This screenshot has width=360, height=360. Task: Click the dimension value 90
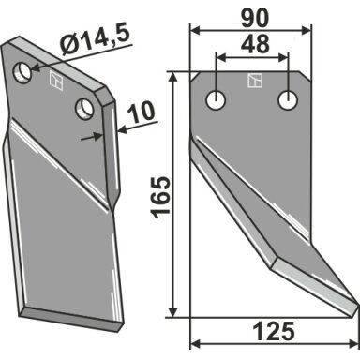point(255,19)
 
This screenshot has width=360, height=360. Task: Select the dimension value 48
point(255,44)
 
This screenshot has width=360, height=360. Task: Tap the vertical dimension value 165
point(160,197)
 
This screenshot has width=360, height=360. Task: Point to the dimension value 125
point(274,331)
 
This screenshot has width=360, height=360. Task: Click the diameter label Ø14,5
point(96,41)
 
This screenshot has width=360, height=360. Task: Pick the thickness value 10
point(142,112)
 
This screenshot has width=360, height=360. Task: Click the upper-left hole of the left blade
point(22,72)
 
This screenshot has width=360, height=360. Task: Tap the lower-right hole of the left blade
point(84,108)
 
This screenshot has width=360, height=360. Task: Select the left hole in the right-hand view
point(216,100)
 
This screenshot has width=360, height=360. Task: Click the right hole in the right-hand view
point(288,100)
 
